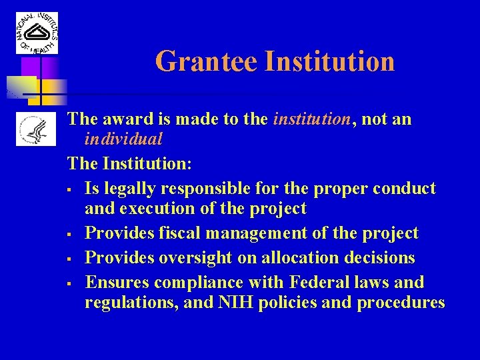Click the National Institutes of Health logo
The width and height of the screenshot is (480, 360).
tap(37, 33)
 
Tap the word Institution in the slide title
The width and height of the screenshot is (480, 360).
tap(329, 61)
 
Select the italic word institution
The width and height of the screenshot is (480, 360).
tap(312, 119)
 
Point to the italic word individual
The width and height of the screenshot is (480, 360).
tap(123, 139)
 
